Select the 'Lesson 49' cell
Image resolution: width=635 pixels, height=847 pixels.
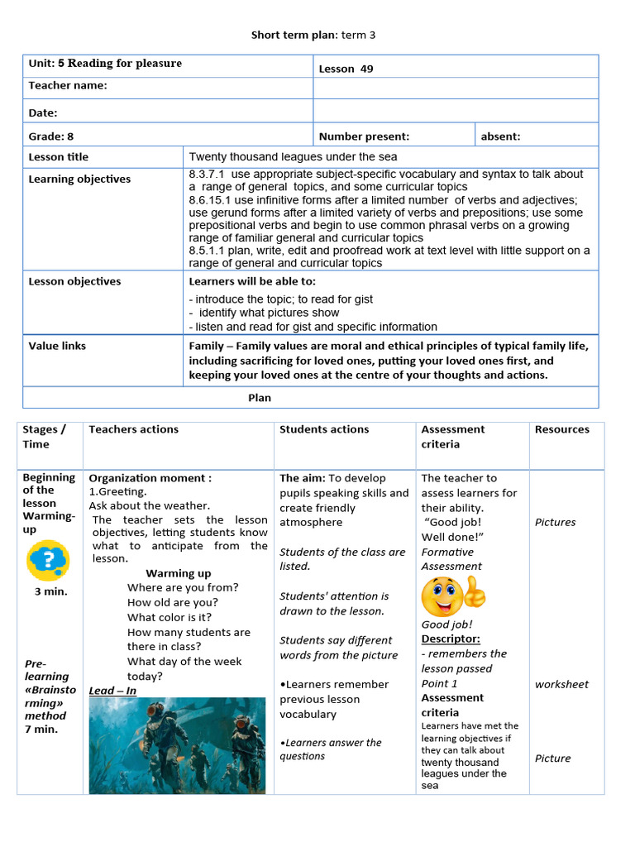pos(346,69)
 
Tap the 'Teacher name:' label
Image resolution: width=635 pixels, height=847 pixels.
pos(68,85)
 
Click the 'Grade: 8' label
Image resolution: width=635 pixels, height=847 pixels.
pos(51,136)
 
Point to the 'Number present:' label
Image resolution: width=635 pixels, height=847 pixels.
pos(364,136)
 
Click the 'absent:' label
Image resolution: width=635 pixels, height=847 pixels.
pos(500,136)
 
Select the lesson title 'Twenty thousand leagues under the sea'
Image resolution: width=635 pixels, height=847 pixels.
pos(293,156)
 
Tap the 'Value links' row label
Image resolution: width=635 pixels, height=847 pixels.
pos(57,346)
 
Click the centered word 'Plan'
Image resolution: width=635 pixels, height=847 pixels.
pos(260,398)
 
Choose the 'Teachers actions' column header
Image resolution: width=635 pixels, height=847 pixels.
pos(133,429)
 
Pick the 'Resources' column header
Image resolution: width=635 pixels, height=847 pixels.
pos(562,429)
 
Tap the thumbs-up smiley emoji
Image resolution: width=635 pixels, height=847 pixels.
pos(453,596)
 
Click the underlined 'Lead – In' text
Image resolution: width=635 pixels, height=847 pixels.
pos(112,691)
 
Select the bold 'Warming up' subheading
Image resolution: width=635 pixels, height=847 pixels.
pos(178,573)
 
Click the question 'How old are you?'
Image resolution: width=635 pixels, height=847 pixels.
pos(172,602)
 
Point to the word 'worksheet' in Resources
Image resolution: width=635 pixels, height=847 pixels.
pos(561,684)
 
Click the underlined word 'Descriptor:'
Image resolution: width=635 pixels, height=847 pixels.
pos(451,639)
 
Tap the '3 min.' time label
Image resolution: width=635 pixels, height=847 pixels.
pos(50,591)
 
